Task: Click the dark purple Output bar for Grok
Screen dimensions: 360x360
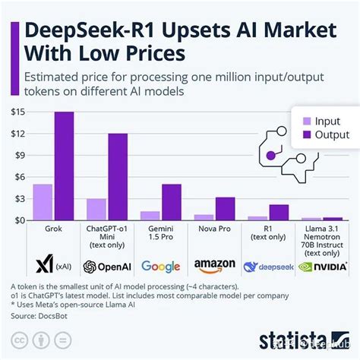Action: [64, 166]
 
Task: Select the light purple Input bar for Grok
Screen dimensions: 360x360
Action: [43, 201]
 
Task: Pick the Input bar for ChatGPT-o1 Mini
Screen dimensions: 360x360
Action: [96, 209]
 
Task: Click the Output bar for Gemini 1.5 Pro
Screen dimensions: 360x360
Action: [172, 201]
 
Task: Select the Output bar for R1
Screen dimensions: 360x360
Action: [279, 212]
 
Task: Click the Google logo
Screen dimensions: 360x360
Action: [160, 267]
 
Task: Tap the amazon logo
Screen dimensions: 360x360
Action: [214, 267]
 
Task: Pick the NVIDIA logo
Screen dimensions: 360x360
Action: [322, 267]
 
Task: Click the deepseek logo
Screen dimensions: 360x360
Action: [268, 267]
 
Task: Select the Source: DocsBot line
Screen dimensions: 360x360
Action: [46, 313]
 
